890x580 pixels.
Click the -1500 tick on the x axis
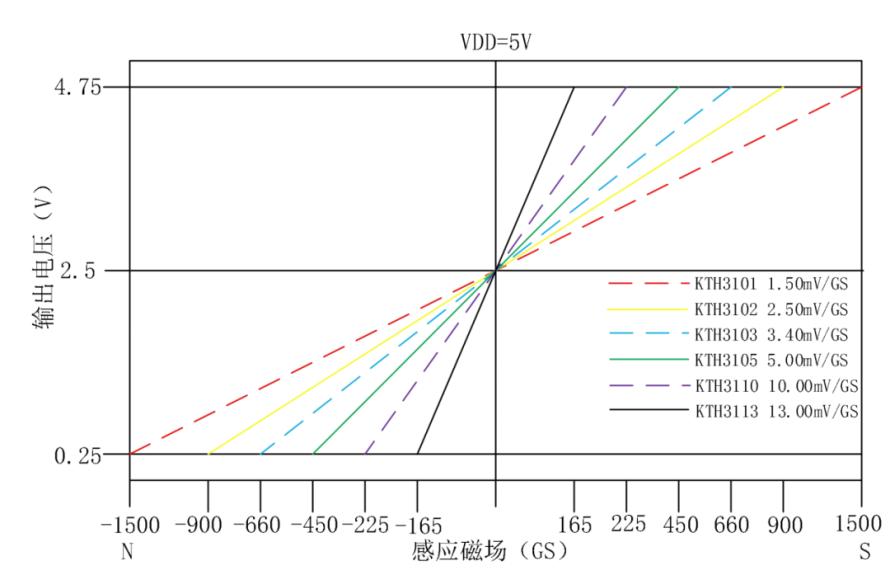(130, 524)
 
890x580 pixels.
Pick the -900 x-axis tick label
(208, 524)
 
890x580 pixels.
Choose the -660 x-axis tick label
(260, 524)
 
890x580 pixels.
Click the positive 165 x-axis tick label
(574, 524)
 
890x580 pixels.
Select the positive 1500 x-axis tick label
(861, 524)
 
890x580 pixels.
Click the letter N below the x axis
(127, 551)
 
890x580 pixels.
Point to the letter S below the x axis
(861, 551)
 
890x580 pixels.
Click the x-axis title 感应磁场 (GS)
(489, 551)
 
